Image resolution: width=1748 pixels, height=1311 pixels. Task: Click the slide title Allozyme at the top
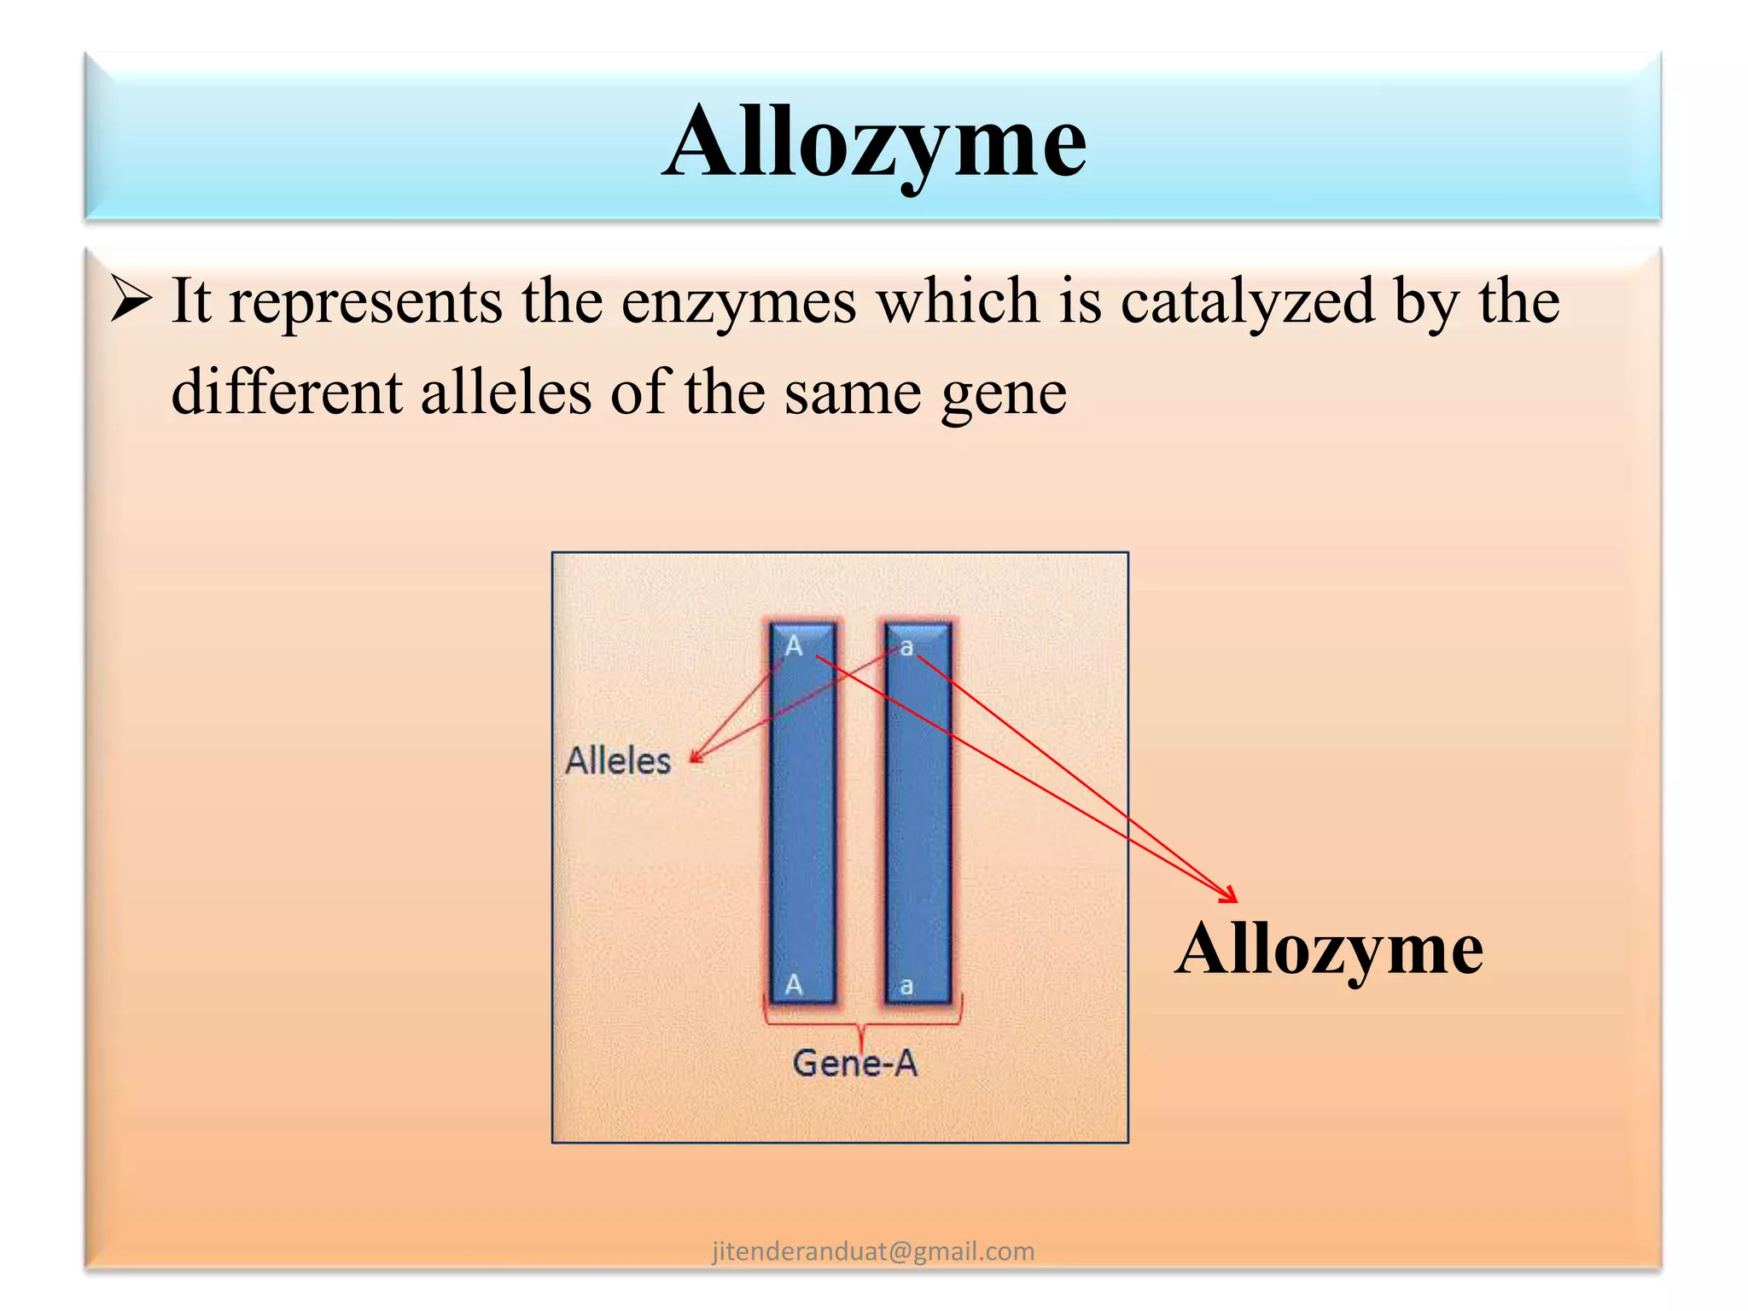pyautogui.click(x=874, y=142)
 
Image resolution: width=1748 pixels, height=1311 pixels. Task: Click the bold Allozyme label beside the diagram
pyautogui.click(x=1329, y=948)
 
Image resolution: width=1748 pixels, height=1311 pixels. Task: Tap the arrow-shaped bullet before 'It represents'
pyautogui.click(x=131, y=300)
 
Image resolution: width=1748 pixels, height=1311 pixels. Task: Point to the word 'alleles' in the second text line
pyautogui.click(x=506, y=393)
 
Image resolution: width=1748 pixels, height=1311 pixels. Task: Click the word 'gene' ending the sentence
pyautogui.click(x=1004, y=394)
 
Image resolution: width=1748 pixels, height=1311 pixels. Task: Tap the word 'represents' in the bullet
pyautogui.click(x=366, y=303)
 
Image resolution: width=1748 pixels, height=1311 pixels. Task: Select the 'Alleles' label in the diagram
pyautogui.click(x=619, y=760)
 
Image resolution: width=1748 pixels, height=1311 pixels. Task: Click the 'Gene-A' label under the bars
pyautogui.click(x=854, y=1063)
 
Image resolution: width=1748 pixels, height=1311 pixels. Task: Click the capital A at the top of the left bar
pyautogui.click(x=794, y=646)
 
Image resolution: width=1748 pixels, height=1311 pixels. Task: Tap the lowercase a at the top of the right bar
pyautogui.click(x=906, y=647)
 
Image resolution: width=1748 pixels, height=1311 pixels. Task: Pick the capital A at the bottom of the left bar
pyautogui.click(x=794, y=984)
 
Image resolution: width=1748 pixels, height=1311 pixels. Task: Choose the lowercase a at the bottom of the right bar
pyautogui.click(x=906, y=987)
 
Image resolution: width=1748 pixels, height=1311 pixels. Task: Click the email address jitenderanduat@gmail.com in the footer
pyautogui.click(x=873, y=1251)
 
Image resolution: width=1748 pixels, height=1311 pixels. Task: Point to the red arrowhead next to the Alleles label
pyautogui.click(x=696, y=756)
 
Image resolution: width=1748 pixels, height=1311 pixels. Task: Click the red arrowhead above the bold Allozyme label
pyautogui.click(x=1230, y=895)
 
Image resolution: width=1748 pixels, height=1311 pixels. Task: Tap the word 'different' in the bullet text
pyautogui.click(x=287, y=393)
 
